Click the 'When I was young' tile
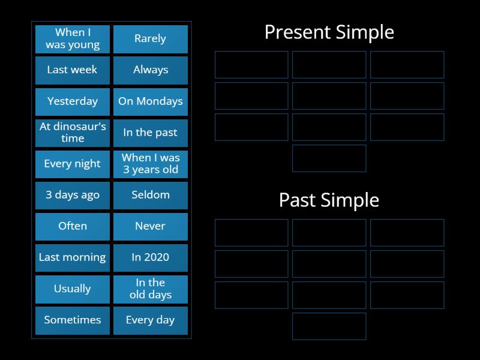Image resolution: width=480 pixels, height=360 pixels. click(73, 39)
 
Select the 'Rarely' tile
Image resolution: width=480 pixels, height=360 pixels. click(150, 39)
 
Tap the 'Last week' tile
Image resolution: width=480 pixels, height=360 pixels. click(73, 70)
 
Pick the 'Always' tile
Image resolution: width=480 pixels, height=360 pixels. click(150, 70)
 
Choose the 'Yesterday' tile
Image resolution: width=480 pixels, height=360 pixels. click(73, 101)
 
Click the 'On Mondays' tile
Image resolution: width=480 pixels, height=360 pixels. click(150, 101)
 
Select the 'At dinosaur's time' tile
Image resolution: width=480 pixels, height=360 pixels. click(73, 133)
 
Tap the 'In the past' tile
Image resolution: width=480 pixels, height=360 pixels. click(150, 133)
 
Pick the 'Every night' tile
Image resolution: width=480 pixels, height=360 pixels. click(73, 164)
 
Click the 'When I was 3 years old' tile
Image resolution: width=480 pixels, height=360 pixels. click(150, 164)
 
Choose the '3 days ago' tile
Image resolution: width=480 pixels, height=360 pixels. click(73, 195)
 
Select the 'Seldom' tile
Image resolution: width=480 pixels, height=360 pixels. click(150, 195)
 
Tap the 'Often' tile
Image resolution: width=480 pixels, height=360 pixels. click(73, 226)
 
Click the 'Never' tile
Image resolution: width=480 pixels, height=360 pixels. click(150, 226)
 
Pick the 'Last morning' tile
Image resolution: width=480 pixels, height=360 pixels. click(73, 257)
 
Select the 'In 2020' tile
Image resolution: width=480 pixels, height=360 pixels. click(150, 257)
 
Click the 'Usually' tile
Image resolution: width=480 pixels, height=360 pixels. click(73, 289)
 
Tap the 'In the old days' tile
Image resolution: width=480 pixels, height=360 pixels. click(150, 289)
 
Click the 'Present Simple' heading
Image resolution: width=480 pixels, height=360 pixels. click(329, 32)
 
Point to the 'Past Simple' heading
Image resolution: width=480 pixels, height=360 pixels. click(329, 200)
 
